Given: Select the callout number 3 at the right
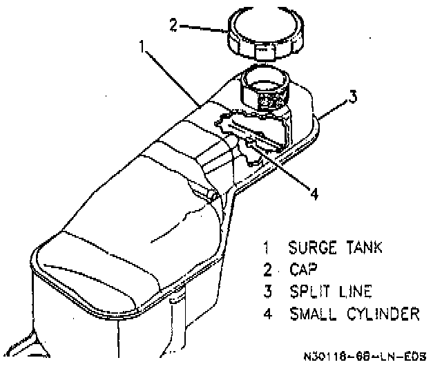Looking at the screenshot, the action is (x=353, y=97).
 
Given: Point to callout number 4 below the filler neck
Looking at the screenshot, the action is (x=314, y=193).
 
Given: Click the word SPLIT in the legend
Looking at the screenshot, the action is (x=309, y=291).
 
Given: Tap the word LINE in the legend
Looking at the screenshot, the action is (x=353, y=291).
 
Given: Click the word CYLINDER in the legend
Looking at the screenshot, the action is (x=382, y=314).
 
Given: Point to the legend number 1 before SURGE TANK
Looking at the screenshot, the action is (x=267, y=247).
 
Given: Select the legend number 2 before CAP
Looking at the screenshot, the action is (x=267, y=269).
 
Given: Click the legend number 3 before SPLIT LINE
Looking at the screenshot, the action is (x=267, y=291).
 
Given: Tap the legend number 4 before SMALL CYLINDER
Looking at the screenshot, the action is (x=267, y=314).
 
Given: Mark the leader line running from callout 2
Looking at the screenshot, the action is (x=204, y=28).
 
